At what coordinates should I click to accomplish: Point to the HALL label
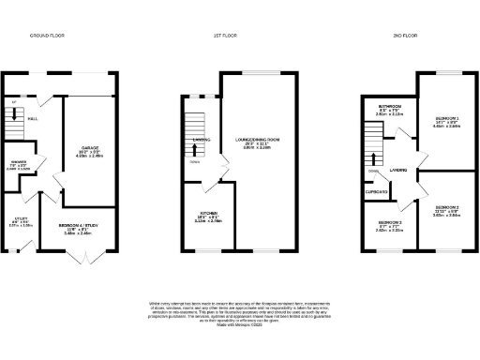[33, 119]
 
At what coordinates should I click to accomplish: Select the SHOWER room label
[19, 163]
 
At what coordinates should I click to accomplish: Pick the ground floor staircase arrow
[12, 114]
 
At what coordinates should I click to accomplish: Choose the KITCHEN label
[207, 217]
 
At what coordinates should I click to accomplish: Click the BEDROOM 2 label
[446, 207]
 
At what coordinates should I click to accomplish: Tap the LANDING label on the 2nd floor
[399, 171]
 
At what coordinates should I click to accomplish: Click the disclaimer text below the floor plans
[239, 314]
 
